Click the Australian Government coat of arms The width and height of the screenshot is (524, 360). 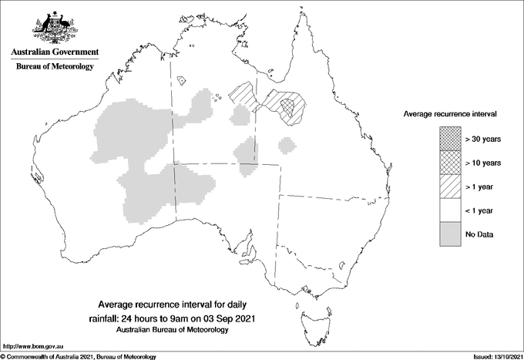point(54,28)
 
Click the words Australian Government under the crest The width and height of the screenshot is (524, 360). point(55,52)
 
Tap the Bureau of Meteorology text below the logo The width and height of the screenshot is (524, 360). point(55,67)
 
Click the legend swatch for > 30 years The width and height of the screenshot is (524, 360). point(449,139)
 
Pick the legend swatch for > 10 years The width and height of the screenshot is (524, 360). point(449,163)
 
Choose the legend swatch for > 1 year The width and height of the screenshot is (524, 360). point(449,187)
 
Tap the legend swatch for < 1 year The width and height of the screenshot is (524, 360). point(449,210)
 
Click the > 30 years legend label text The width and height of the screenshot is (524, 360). point(483,139)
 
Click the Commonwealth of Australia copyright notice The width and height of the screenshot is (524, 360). point(79,356)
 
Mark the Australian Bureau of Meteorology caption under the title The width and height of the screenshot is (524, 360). point(171,329)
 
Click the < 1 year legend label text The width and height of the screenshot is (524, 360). point(481,210)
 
